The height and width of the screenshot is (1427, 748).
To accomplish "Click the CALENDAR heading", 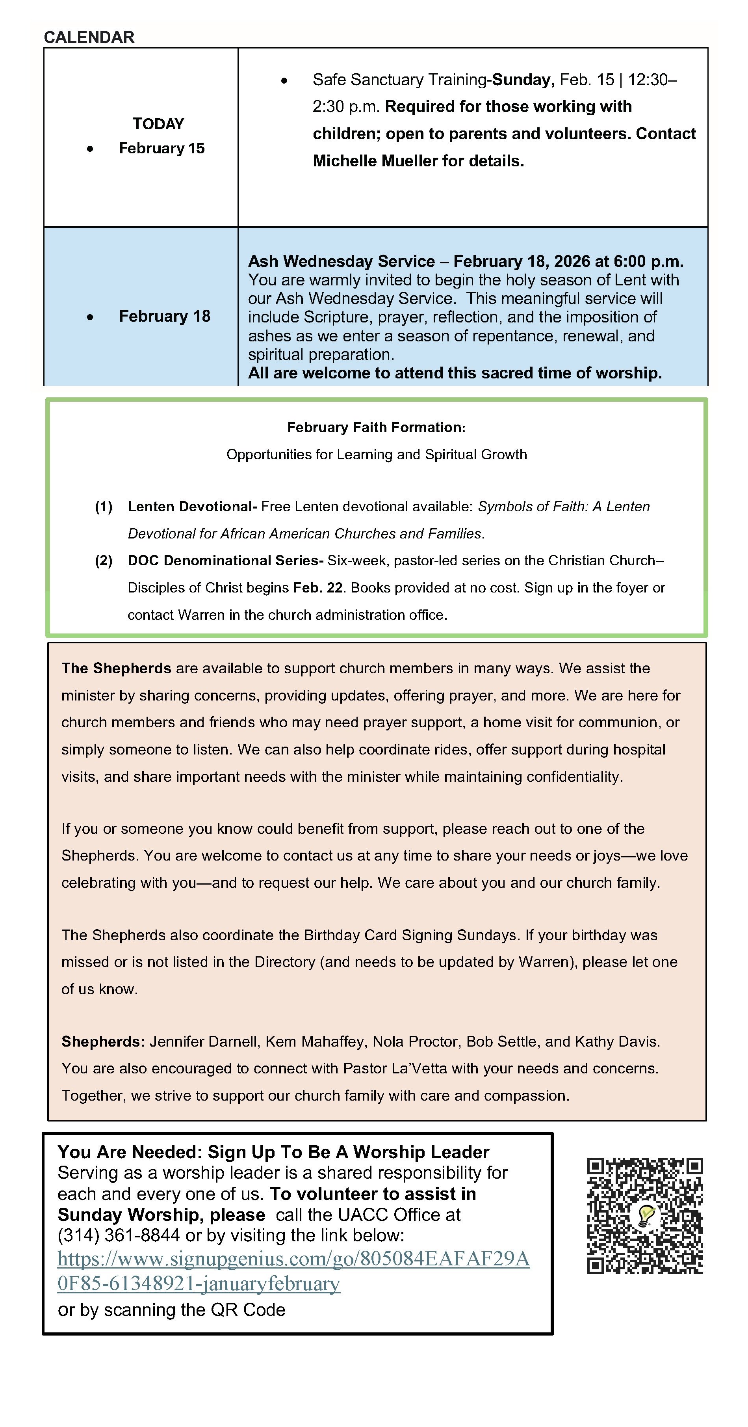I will pyautogui.click(x=89, y=37).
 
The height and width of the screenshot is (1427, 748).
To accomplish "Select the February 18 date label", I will pyautogui.click(x=164, y=316).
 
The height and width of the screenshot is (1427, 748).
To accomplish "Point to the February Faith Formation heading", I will pyautogui.click(x=376, y=427).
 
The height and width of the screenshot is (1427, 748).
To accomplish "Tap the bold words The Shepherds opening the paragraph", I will pyautogui.click(x=116, y=668).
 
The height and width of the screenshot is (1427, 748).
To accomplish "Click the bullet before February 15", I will pyautogui.click(x=90, y=149).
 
